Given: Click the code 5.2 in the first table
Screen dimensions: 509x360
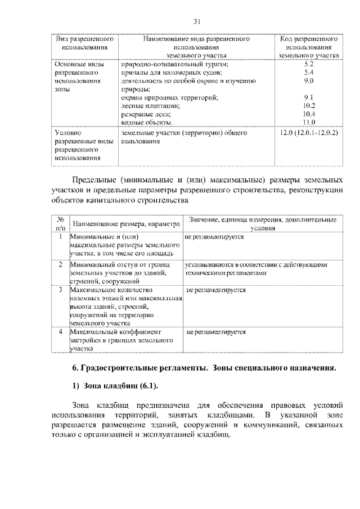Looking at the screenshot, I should [x=308, y=65].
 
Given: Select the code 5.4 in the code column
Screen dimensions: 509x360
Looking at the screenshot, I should [x=308, y=73].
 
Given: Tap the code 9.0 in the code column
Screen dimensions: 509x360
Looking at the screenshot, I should [x=308, y=81].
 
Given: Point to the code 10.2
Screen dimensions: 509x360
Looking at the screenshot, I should [x=308, y=105].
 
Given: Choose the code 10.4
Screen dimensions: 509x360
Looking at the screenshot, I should [x=308, y=114].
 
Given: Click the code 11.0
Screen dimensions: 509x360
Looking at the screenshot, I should [x=308, y=122].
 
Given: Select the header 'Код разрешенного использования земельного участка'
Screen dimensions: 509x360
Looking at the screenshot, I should [x=308, y=48].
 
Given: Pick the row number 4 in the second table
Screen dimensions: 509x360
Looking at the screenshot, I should [x=60, y=332].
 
